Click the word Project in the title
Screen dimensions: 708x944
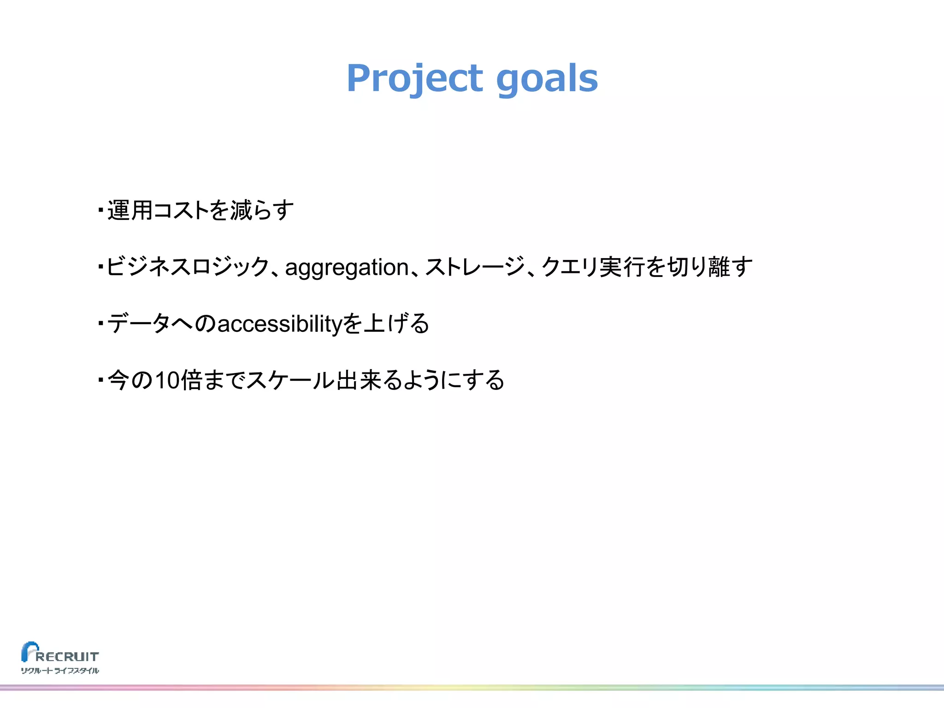414,78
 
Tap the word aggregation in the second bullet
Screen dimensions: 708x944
347,267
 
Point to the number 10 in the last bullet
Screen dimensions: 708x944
167,380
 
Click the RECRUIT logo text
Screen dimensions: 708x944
67,656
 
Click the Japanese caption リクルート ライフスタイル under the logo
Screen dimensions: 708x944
60,671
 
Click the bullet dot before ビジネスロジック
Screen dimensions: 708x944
100,267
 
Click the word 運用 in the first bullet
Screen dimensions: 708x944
130,211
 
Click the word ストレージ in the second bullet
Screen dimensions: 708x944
475,267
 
